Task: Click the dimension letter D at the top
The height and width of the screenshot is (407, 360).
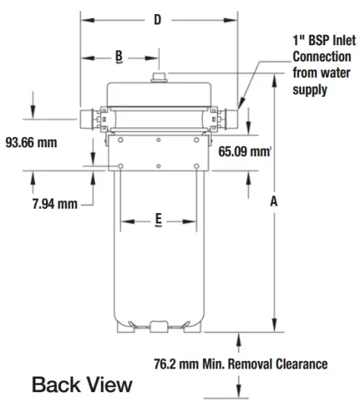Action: [157, 20]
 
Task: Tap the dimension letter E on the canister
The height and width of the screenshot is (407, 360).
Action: [159, 219]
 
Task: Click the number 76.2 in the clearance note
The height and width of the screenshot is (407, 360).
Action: [167, 363]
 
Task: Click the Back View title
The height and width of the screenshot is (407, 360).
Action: [81, 386]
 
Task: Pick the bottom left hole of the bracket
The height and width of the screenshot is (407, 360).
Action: [120, 166]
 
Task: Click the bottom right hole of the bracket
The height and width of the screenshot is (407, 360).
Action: [196, 166]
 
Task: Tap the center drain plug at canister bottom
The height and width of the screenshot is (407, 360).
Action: [158, 326]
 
